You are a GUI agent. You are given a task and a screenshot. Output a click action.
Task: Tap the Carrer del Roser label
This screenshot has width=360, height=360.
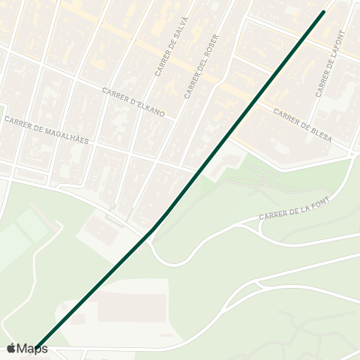200,70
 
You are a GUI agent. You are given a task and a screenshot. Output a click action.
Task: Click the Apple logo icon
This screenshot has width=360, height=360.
11,349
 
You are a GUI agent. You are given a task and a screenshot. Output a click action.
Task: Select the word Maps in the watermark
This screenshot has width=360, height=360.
32,349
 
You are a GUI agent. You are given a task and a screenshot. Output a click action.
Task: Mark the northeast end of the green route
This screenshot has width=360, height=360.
324,11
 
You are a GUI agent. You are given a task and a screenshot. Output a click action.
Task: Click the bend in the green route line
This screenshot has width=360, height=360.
152,229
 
